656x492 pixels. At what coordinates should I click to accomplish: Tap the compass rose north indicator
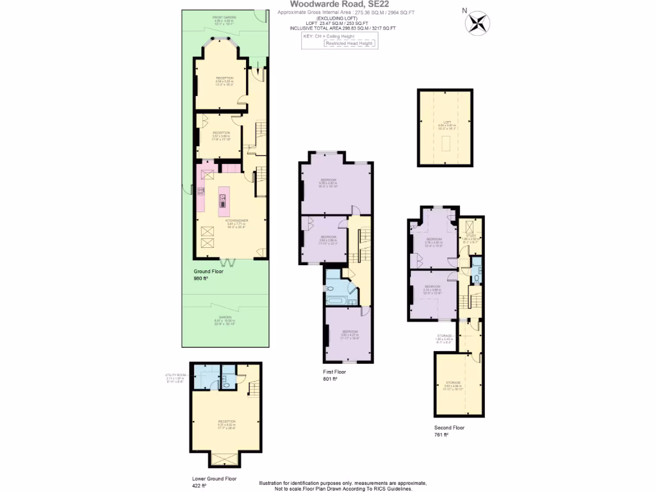477,24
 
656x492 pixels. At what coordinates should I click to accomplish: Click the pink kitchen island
223,199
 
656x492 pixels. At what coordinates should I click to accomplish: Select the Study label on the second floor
471,238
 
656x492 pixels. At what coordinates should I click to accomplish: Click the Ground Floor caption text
208,272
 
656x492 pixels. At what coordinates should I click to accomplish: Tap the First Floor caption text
334,372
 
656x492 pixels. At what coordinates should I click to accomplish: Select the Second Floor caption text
448,427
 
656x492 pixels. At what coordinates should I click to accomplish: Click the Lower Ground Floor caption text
214,479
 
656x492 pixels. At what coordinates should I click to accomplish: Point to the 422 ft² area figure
199,486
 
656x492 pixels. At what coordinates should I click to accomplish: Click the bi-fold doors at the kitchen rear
228,261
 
